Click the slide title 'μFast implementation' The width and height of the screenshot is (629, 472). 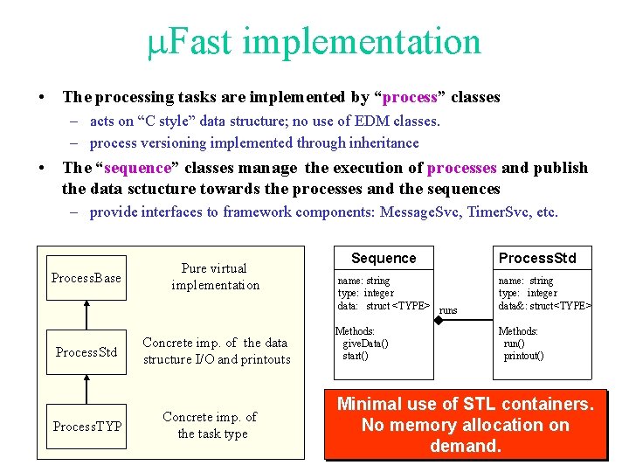(314, 42)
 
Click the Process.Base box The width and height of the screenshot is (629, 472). (86, 278)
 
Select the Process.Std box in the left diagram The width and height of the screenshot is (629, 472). (86, 352)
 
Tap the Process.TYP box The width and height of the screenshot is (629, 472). (86, 427)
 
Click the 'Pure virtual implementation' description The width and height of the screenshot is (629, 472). (215, 277)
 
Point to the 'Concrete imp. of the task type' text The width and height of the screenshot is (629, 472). (211, 426)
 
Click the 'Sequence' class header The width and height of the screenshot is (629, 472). (384, 259)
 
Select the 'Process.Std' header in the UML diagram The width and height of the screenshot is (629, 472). (543, 258)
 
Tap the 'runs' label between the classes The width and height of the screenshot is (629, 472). (447, 310)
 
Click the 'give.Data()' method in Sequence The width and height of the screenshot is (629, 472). (365, 344)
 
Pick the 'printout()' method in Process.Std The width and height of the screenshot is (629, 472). (523, 356)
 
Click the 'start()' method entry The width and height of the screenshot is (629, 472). (355, 356)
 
